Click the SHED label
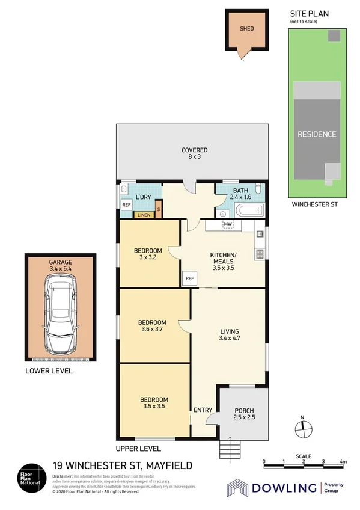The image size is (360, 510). (247, 28)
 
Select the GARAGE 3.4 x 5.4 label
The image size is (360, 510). (60, 266)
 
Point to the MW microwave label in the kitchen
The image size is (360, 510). (228, 225)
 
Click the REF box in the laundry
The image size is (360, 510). (126, 204)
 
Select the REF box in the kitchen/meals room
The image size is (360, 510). (189, 278)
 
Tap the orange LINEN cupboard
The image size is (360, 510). (144, 215)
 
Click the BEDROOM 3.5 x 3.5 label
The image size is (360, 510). (153, 403)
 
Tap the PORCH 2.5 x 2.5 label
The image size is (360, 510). (244, 414)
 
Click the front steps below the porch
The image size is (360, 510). (230, 447)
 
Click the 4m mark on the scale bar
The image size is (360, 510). (343, 462)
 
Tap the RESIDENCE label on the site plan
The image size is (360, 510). (317, 134)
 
